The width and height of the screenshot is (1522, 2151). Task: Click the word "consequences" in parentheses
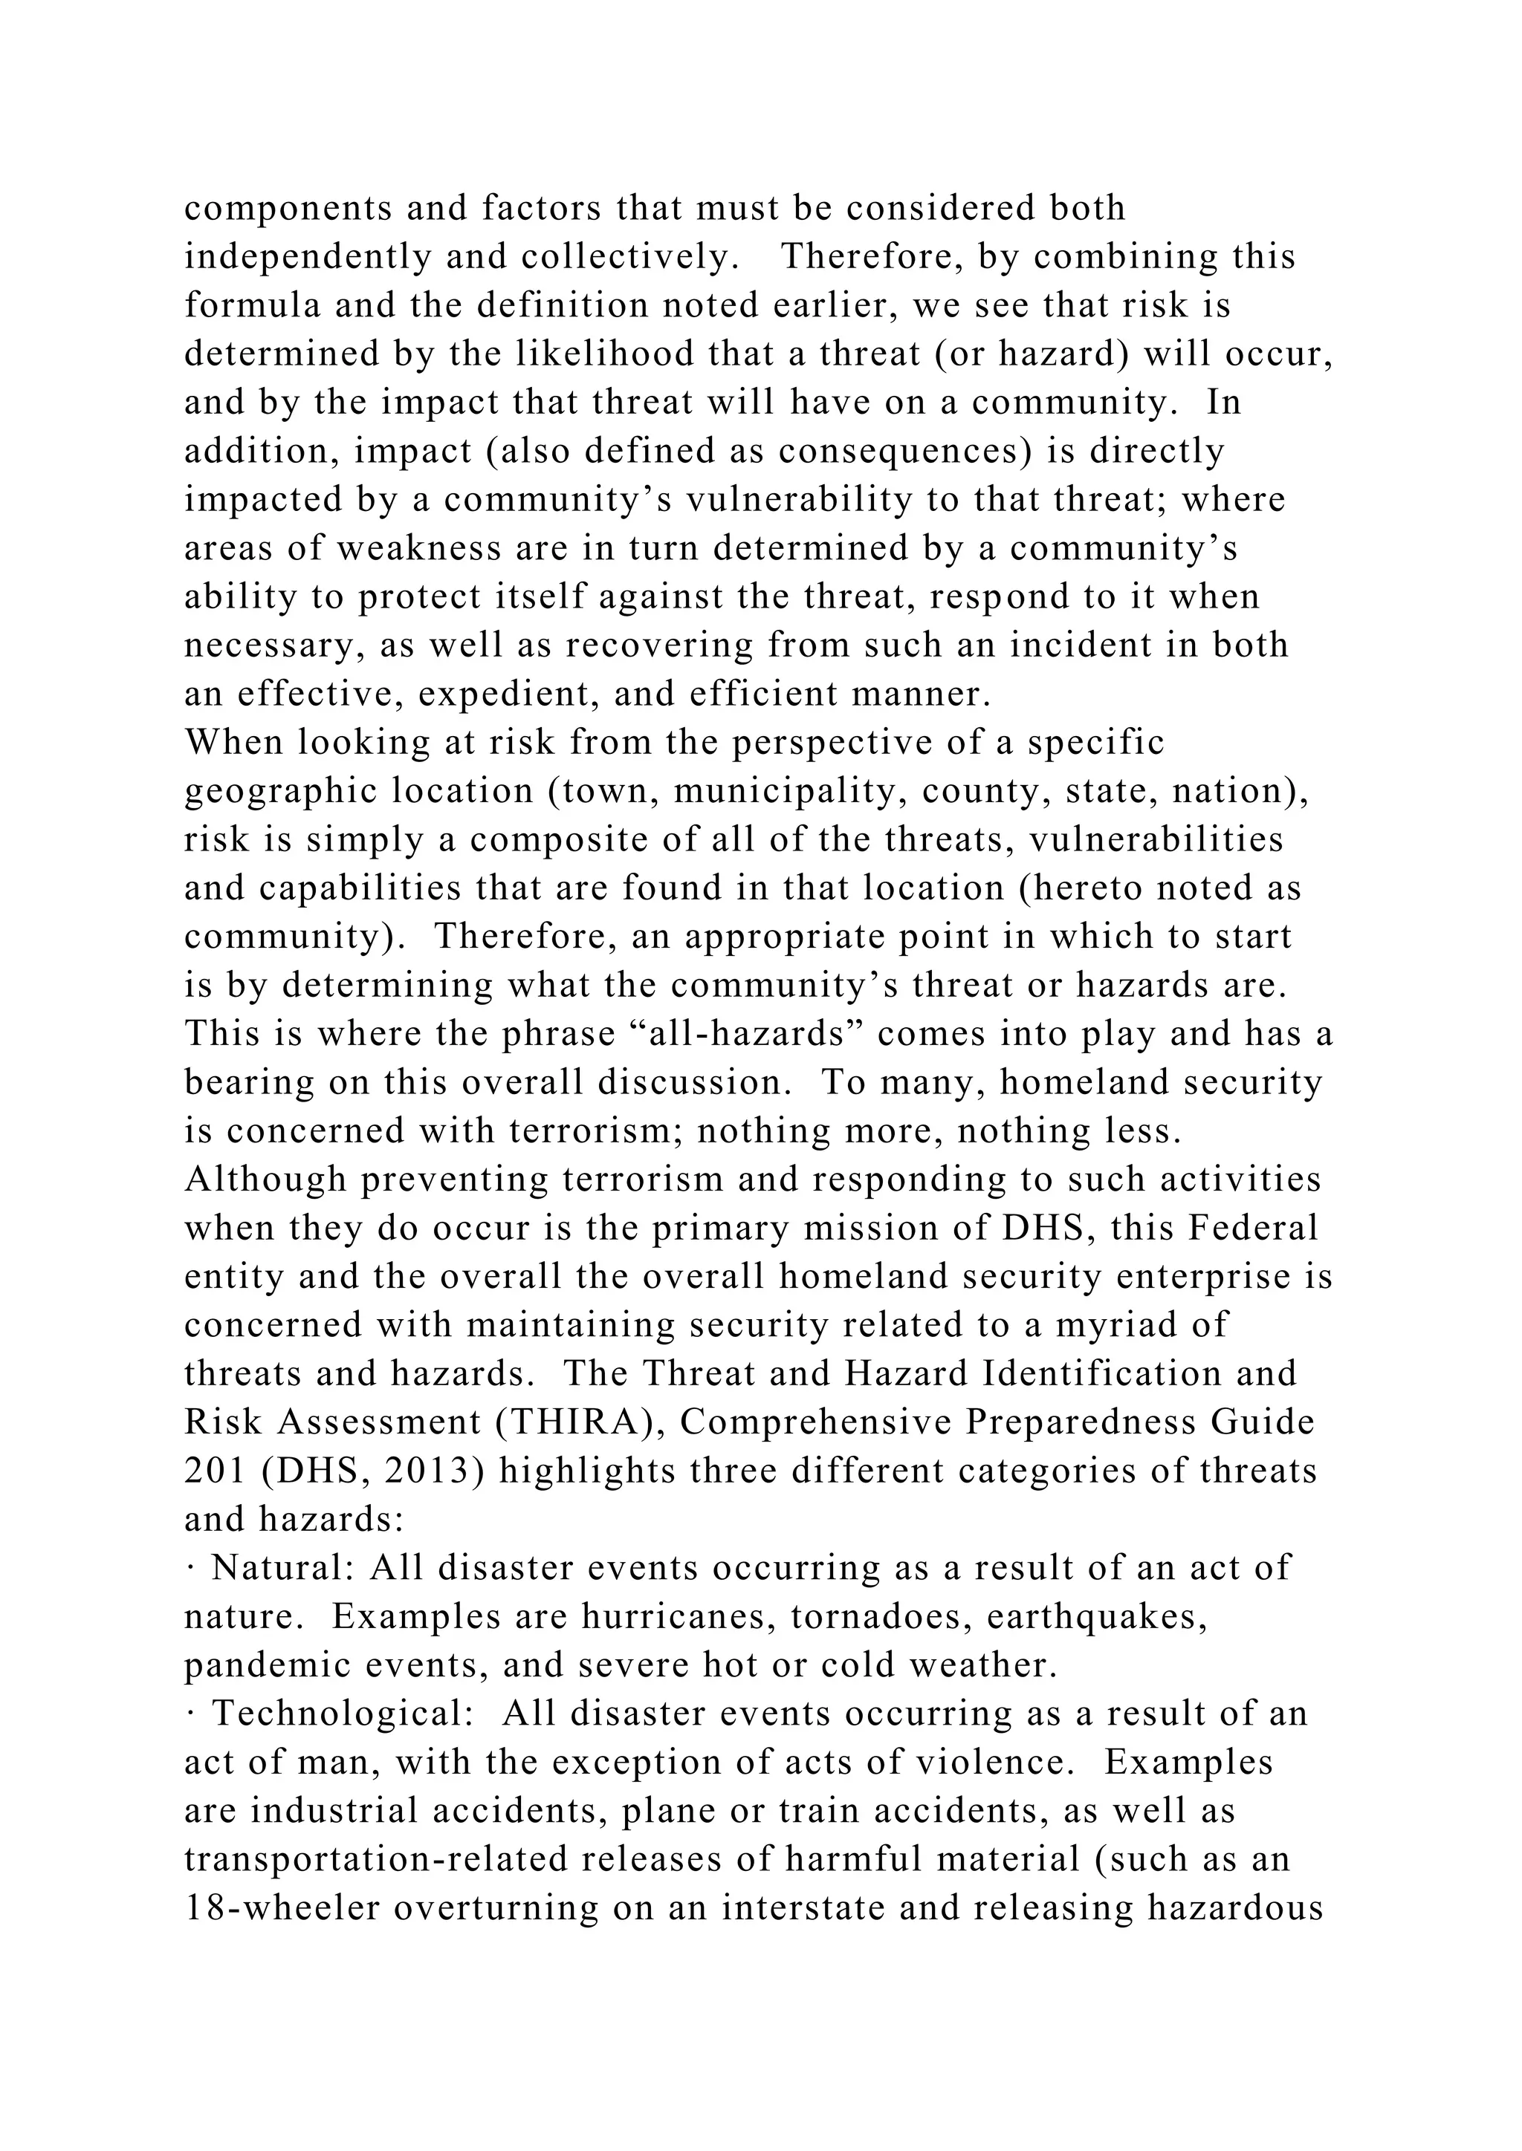click(x=898, y=452)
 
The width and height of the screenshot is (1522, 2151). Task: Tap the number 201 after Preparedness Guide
click(x=215, y=1472)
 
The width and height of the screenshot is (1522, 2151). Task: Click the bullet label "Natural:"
click(x=283, y=1569)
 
